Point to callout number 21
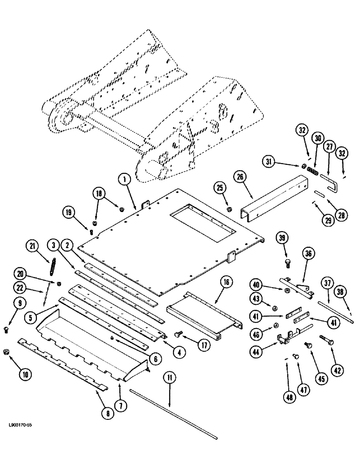pyautogui.click(x=32, y=247)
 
